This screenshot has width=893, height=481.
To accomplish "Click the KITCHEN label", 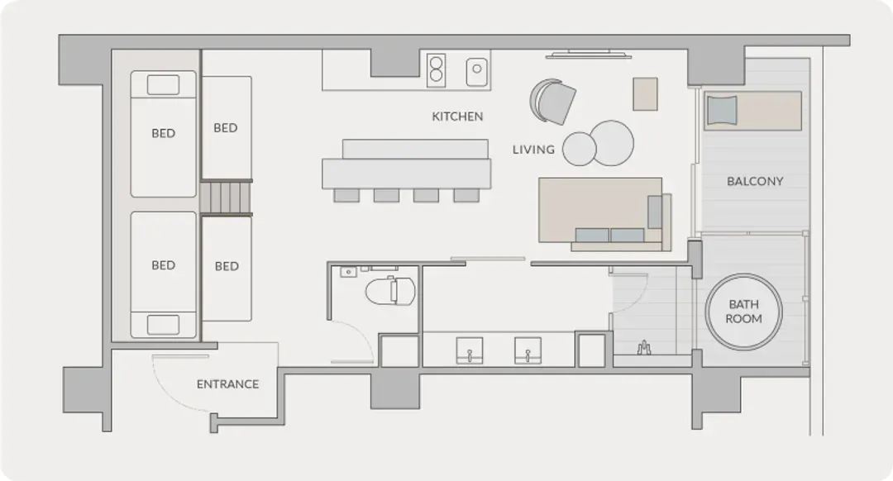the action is coord(457,117).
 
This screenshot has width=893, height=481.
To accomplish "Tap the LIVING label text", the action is coord(533,149).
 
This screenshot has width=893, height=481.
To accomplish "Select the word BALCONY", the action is coord(755,181).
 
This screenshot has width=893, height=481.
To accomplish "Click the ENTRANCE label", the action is coord(228,384).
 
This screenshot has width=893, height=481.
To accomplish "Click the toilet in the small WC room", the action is coord(390,290).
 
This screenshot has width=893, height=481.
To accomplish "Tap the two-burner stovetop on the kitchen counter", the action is coord(437,70).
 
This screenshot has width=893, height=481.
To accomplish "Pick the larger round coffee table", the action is coord(612,143).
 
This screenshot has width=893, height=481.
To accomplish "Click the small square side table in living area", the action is coord(645,94).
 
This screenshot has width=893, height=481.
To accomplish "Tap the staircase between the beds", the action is coord(226,198).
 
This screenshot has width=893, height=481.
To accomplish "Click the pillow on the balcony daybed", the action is coord(722,110).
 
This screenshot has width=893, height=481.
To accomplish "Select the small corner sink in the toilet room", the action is coord(348,272).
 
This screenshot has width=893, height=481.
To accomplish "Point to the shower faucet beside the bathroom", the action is coord(644,348).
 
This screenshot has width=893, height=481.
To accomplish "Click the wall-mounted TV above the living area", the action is coord(589,55).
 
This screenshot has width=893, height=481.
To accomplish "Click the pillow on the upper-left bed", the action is coord(163,85).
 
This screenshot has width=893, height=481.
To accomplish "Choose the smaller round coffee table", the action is coord(579,149).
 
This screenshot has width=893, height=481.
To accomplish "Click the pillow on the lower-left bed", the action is coord(163,325).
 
